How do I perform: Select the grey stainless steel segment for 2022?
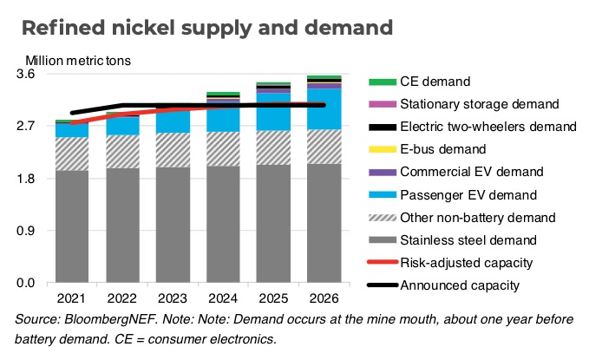pyautogui.click(x=122, y=226)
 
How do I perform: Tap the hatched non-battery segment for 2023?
pyautogui.click(x=173, y=149)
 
